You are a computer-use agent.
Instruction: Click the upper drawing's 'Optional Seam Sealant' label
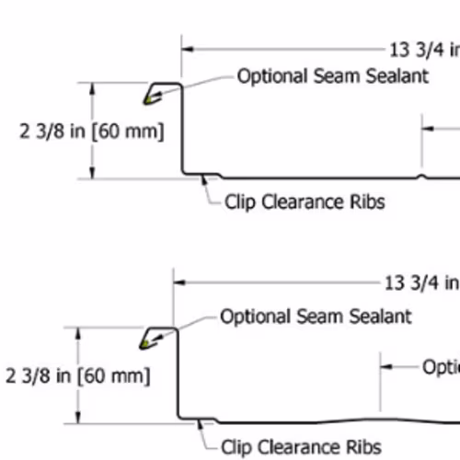[333, 76]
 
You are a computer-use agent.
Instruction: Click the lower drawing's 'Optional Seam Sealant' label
[316, 316]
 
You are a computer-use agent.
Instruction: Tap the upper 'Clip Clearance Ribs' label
[305, 202]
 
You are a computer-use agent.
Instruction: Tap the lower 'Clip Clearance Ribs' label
[301, 447]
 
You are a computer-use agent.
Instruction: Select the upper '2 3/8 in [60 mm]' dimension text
[92, 132]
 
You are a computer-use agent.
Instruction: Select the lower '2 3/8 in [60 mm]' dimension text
[78, 376]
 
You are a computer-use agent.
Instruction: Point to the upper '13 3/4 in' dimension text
[425, 50]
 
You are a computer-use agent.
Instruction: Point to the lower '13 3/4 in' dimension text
[422, 282]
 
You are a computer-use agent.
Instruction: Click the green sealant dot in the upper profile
[148, 99]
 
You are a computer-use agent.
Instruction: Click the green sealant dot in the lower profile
[145, 343]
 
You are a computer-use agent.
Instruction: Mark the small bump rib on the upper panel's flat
[422, 177]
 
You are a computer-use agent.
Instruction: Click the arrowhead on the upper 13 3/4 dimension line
[188, 49]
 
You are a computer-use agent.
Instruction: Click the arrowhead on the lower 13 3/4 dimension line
[179, 282]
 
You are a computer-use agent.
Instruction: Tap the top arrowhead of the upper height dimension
[92, 88]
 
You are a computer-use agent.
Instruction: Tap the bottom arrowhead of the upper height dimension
[92, 173]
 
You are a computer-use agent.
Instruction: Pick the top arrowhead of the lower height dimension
[78, 333]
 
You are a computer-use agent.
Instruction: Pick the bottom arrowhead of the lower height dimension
[78, 418]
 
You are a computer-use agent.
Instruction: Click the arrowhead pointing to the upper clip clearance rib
[203, 179]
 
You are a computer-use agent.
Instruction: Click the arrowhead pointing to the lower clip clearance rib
[201, 425]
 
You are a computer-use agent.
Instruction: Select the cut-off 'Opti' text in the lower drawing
[441, 367]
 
